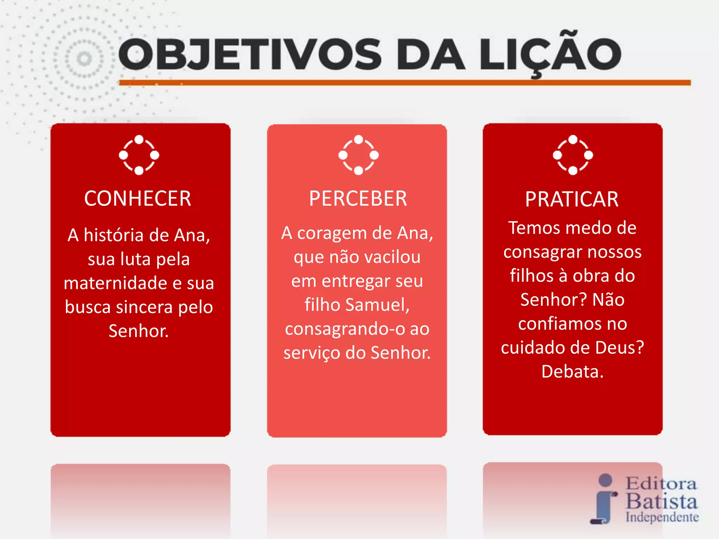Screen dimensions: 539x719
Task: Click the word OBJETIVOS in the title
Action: point(250,54)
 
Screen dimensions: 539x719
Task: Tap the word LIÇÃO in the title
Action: point(550,54)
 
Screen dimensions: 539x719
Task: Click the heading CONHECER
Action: point(138,199)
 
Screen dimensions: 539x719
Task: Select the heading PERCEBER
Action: point(358,199)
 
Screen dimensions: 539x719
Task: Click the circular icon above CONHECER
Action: point(139,155)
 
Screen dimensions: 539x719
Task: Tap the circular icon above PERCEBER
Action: point(358,155)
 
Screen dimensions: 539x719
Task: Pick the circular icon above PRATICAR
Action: point(573,155)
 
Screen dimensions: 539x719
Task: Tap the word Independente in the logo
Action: point(662,517)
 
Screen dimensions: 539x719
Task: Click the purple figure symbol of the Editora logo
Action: point(604,499)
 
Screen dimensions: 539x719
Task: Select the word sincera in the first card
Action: point(144,307)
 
